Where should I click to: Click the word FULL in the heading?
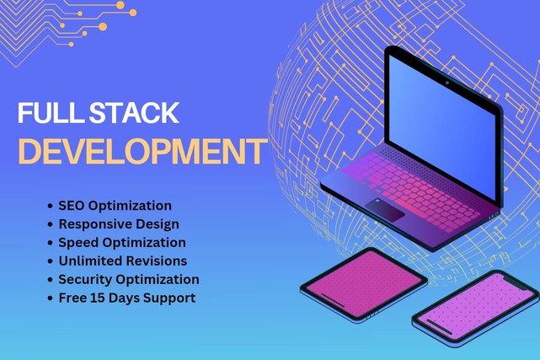51,112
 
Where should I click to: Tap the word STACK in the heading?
134,112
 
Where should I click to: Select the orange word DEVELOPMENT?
142,151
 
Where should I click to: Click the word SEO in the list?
72,206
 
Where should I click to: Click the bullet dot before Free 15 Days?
51,298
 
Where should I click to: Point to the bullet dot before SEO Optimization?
51,206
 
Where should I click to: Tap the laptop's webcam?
447,83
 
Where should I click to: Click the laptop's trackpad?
385,210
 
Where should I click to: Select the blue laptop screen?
442,127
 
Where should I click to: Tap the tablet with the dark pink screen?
364,284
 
